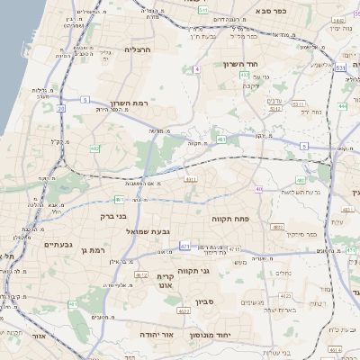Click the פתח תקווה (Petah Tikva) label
(229, 219)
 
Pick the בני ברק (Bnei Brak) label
(119, 217)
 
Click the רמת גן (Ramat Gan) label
(93, 250)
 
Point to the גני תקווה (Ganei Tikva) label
(217, 269)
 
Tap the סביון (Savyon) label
(202, 302)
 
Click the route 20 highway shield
(61, 108)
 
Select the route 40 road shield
(259, 189)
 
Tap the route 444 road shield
(342, 106)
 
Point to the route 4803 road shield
(279, 227)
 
